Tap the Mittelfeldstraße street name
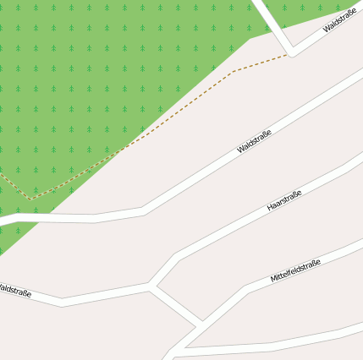click(295, 270)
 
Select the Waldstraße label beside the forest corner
click(339, 23)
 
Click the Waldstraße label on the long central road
click(254, 141)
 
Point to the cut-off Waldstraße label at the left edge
click(14, 291)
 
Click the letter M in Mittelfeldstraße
click(273, 280)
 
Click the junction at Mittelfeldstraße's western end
click(201, 322)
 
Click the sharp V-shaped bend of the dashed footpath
click(32, 199)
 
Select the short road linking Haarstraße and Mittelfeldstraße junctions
click(176, 303)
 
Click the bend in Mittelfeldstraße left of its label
click(246, 288)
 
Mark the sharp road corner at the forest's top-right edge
click(292, 53)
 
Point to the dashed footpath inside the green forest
click(127, 144)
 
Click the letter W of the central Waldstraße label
click(240, 150)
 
